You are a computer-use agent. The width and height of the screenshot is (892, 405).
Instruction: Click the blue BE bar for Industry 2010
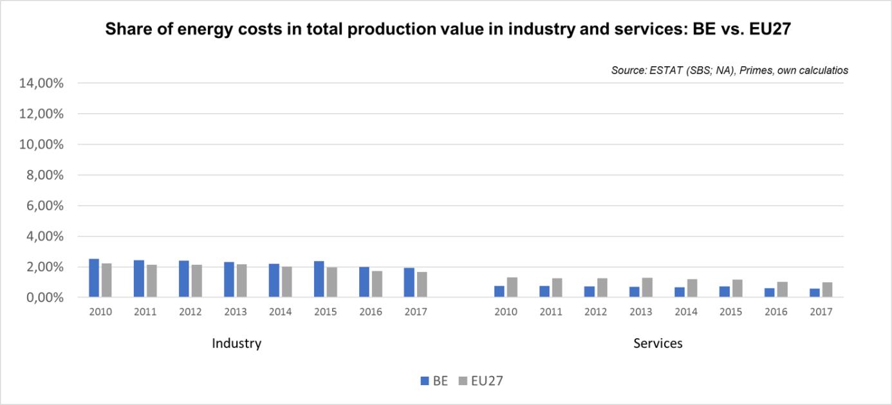pos(94,278)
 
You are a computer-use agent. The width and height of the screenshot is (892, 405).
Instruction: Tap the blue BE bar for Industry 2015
pos(319,280)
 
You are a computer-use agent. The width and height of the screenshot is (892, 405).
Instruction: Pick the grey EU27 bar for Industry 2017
pos(422,285)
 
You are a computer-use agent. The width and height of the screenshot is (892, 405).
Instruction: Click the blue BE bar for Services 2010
pos(499,292)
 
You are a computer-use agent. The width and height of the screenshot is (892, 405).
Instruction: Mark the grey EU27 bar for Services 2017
pos(828,290)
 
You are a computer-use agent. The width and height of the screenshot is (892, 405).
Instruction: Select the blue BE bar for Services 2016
pos(770,293)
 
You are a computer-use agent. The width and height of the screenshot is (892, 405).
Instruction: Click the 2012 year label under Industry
pos(190,312)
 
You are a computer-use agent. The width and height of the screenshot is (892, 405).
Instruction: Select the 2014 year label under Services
pos(685,312)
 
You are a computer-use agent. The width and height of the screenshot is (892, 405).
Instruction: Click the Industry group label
pos(236,343)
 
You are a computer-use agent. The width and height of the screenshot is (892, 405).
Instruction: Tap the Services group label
pos(658,343)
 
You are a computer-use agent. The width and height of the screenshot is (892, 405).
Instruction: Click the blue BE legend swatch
pos(425,381)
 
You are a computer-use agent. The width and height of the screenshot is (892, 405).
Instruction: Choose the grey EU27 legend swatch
pos(463,381)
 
